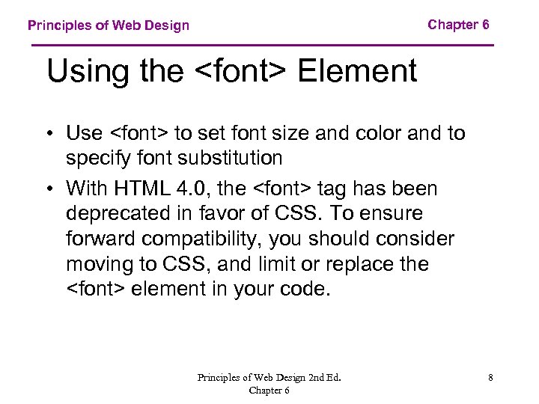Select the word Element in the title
[357, 72]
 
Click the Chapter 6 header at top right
[458, 25]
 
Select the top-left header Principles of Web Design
[109, 25]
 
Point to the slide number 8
[490, 378]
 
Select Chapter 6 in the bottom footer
[269, 390]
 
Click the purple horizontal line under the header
[262, 46]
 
